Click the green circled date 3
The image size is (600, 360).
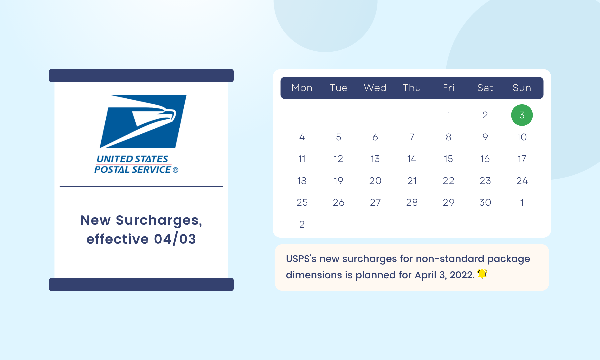522,115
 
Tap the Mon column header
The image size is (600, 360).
302,88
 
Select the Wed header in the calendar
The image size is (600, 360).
375,88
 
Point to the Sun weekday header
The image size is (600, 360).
522,88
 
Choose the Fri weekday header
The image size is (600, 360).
448,88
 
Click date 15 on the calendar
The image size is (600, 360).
448,159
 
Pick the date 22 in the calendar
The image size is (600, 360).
448,181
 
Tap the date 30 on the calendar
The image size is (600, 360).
485,202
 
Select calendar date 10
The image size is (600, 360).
522,137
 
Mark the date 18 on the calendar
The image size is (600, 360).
302,181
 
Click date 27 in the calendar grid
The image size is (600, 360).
375,202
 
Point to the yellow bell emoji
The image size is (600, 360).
482,274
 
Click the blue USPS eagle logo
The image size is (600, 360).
143,122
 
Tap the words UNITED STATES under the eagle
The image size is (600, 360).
132,159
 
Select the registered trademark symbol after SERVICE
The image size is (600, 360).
176,170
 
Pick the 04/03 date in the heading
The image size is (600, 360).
175,239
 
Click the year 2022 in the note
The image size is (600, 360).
462,275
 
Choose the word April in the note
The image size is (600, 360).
425,275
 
